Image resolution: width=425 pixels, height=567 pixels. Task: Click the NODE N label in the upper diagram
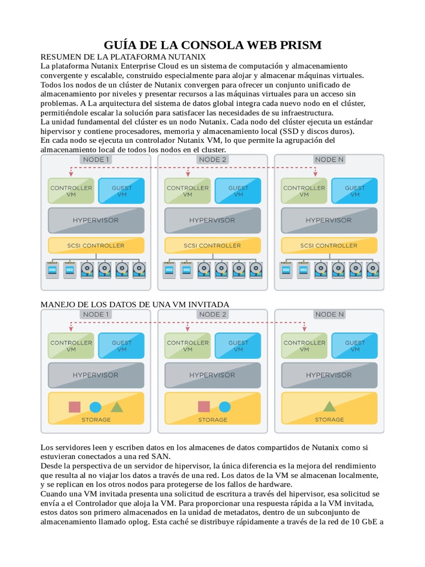pyautogui.click(x=329, y=159)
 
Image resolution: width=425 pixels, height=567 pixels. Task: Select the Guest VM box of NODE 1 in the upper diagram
pyautogui.click(x=122, y=191)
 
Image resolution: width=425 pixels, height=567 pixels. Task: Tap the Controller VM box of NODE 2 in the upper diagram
pyautogui.click(x=188, y=191)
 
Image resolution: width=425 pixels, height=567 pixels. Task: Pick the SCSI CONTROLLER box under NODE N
pyautogui.click(x=329, y=245)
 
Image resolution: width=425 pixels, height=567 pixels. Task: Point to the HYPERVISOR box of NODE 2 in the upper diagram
pyautogui.click(x=212, y=220)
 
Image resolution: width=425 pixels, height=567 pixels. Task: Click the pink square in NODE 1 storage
pyautogui.click(x=74, y=407)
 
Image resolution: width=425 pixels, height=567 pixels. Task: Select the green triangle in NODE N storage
pyautogui.click(x=329, y=406)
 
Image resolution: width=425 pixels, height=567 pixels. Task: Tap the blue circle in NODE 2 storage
pyautogui.click(x=224, y=407)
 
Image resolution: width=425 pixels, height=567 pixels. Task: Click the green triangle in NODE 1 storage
pyautogui.click(x=117, y=406)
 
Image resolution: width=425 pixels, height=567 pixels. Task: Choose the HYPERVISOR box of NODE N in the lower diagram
pyautogui.click(x=329, y=375)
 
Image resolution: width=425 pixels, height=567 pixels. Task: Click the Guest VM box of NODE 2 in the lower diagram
pyautogui.click(x=238, y=346)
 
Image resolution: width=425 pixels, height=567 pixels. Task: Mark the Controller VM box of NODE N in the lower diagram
pyautogui.click(x=304, y=346)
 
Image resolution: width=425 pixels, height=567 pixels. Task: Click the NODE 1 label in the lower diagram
pyautogui.click(x=96, y=315)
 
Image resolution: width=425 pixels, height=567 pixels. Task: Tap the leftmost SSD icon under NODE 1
pyautogui.click(x=53, y=269)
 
